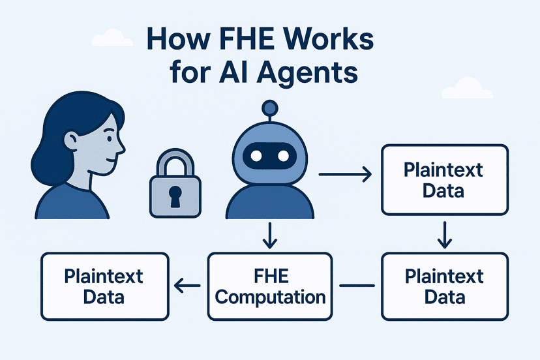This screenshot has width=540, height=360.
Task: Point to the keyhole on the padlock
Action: [175, 196]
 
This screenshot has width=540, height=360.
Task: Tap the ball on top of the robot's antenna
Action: [269, 108]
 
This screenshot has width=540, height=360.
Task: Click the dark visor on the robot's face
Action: [269, 156]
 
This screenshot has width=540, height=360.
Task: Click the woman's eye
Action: [109, 139]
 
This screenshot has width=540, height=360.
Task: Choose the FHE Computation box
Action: [270, 286]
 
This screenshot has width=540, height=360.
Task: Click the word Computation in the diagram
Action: [271, 297]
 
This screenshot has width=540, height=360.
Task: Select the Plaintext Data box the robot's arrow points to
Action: [445, 180]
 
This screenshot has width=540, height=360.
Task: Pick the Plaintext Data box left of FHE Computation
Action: [105, 286]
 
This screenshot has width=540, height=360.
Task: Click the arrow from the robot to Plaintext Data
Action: [345, 174]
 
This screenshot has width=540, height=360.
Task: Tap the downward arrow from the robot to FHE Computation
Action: [269, 235]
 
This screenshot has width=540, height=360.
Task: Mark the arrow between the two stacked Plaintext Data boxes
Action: [445, 235]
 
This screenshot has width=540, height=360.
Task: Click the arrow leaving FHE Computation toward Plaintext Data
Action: [187, 286]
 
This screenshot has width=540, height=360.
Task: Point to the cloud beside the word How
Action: [112, 38]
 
